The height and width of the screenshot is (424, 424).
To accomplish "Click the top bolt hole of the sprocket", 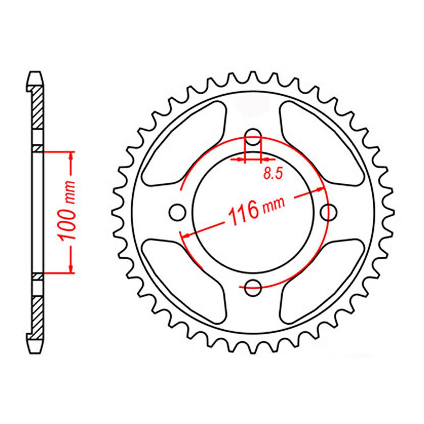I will coord(253,137).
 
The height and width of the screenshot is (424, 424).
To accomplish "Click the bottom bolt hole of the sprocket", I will coord(253,287).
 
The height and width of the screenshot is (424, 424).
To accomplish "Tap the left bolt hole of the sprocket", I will coord(177,212).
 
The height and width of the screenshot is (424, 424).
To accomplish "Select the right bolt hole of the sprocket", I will coord(329,212).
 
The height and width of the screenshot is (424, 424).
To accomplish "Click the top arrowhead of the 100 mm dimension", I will coord(71,156).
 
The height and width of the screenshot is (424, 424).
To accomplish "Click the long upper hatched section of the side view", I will coord(38,107).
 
